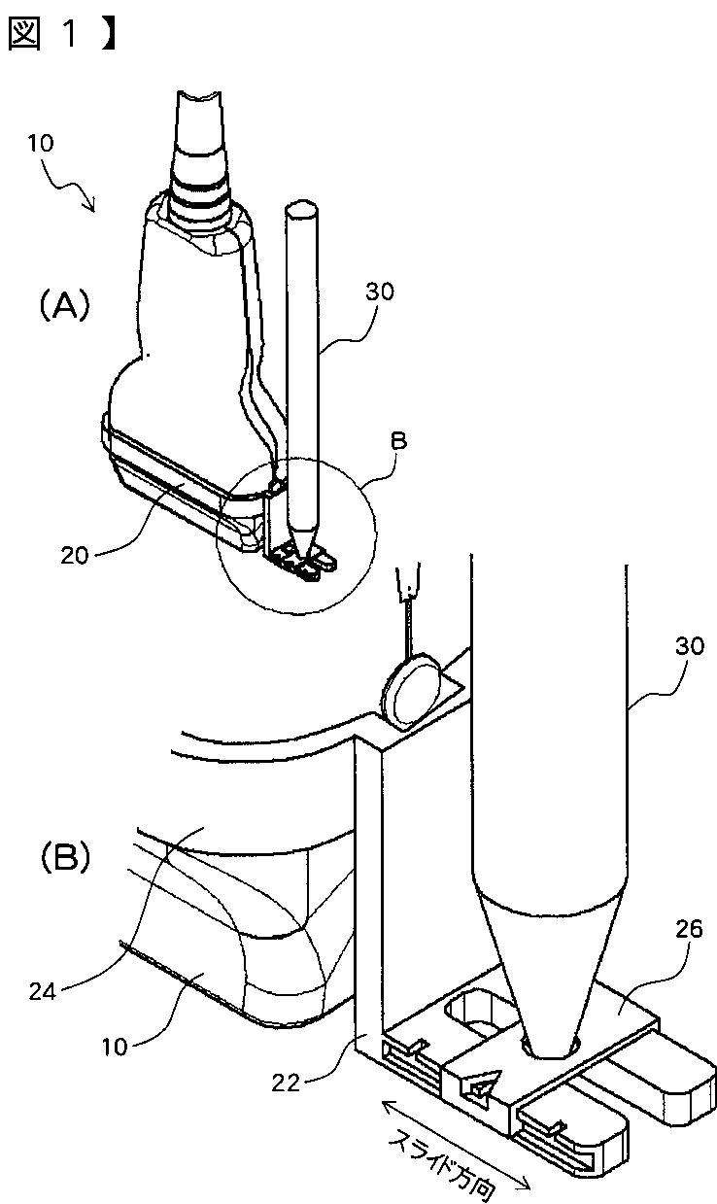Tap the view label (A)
pyautogui.click(x=65, y=306)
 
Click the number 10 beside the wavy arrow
pyautogui.click(x=40, y=144)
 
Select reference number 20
pyautogui.click(x=74, y=556)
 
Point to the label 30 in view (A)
pyautogui.click(x=380, y=292)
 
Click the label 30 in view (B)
pyautogui.click(x=690, y=646)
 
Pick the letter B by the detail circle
pyautogui.click(x=398, y=441)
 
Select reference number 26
pyautogui.click(x=688, y=929)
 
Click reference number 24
pyautogui.click(x=43, y=991)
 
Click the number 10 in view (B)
pyautogui.click(x=115, y=1047)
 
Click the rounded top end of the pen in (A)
pyautogui.click(x=301, y=210)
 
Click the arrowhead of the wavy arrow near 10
pyautogui.click(x=91, y=207)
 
